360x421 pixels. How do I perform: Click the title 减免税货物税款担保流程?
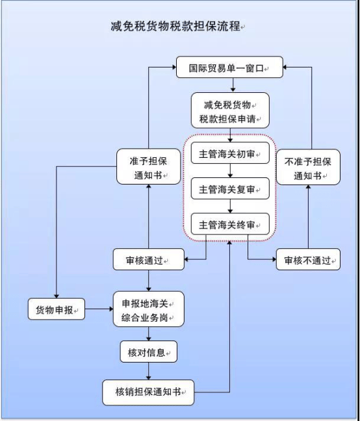click(175, 27)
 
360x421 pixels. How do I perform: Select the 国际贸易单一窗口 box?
click(229, 67)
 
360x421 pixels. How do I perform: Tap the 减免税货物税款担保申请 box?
click(229, 112)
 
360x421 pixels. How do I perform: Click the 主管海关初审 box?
click(229, 154)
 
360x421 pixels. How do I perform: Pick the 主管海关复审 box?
click(229, 190)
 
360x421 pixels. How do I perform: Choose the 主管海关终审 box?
click(229, 225)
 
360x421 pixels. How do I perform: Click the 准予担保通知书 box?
click(148, 168)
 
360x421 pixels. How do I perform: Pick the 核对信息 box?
click(148, 352)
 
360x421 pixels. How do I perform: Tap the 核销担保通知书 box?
click(148, 392)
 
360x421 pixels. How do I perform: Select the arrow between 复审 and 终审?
click(229, 207)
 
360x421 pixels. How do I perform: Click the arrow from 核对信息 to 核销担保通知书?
click(148, 372)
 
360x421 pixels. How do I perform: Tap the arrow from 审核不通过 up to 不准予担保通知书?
click(308, 217)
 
